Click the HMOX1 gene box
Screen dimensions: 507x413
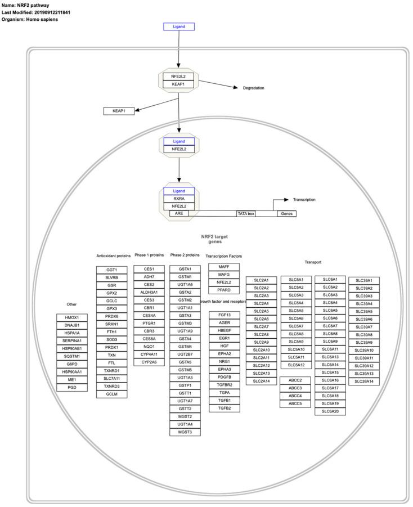click(72, 317)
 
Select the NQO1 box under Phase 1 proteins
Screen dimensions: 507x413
click(149, 347)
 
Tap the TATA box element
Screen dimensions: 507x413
click(246, 214)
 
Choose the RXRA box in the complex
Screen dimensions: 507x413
click(178, 199)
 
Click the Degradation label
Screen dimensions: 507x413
click(253, 88)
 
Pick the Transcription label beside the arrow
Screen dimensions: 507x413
click(304, 199)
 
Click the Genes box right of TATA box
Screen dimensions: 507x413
click(286, 214)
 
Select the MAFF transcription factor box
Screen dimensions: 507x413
click(224, 266)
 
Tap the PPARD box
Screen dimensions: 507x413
click(224, 290)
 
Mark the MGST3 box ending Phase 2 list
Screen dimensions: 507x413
click(185, 432)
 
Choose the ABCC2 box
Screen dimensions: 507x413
click(295, 380)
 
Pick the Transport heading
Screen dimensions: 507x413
click(313, 262)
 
